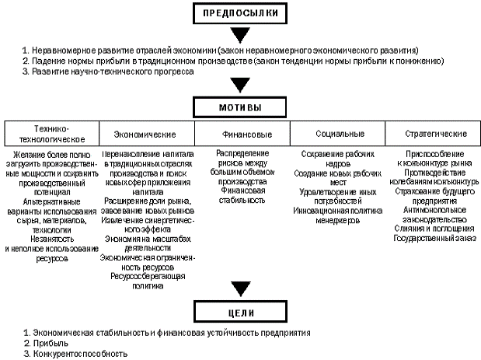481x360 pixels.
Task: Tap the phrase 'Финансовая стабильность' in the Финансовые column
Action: pos(243,194)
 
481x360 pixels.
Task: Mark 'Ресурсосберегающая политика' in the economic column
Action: pos(147,281)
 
